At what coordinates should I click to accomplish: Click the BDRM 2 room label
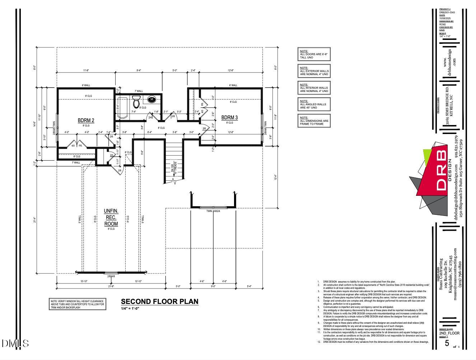(x=86, y=120)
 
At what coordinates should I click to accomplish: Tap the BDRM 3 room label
(x=229, y=117)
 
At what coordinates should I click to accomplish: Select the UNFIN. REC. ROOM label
(x=111, y=217)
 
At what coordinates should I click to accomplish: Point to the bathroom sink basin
(x=151, y=99)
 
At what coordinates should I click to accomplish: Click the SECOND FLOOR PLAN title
(x=159, y=301)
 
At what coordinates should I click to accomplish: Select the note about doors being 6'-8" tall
(x=314, y=54)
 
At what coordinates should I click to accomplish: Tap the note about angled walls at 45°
(x=314, y=105)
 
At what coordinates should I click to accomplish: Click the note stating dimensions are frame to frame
(x=314, y=121)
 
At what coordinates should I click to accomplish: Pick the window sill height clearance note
(x=78, y=304)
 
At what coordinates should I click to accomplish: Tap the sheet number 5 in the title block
(x=447, y=343)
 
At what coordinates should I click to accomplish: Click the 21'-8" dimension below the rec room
(x=111, y=286)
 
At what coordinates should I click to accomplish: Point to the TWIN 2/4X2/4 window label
(x=213, y=211)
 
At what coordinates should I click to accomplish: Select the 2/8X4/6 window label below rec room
(x=111, y=276)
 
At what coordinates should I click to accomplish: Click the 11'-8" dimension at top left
(x=86, y=70)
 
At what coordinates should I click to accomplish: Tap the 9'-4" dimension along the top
(x=139, y=70)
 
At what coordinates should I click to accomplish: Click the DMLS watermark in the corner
(x=15, y=343)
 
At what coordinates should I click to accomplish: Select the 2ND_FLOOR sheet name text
(x=449, y=333)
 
